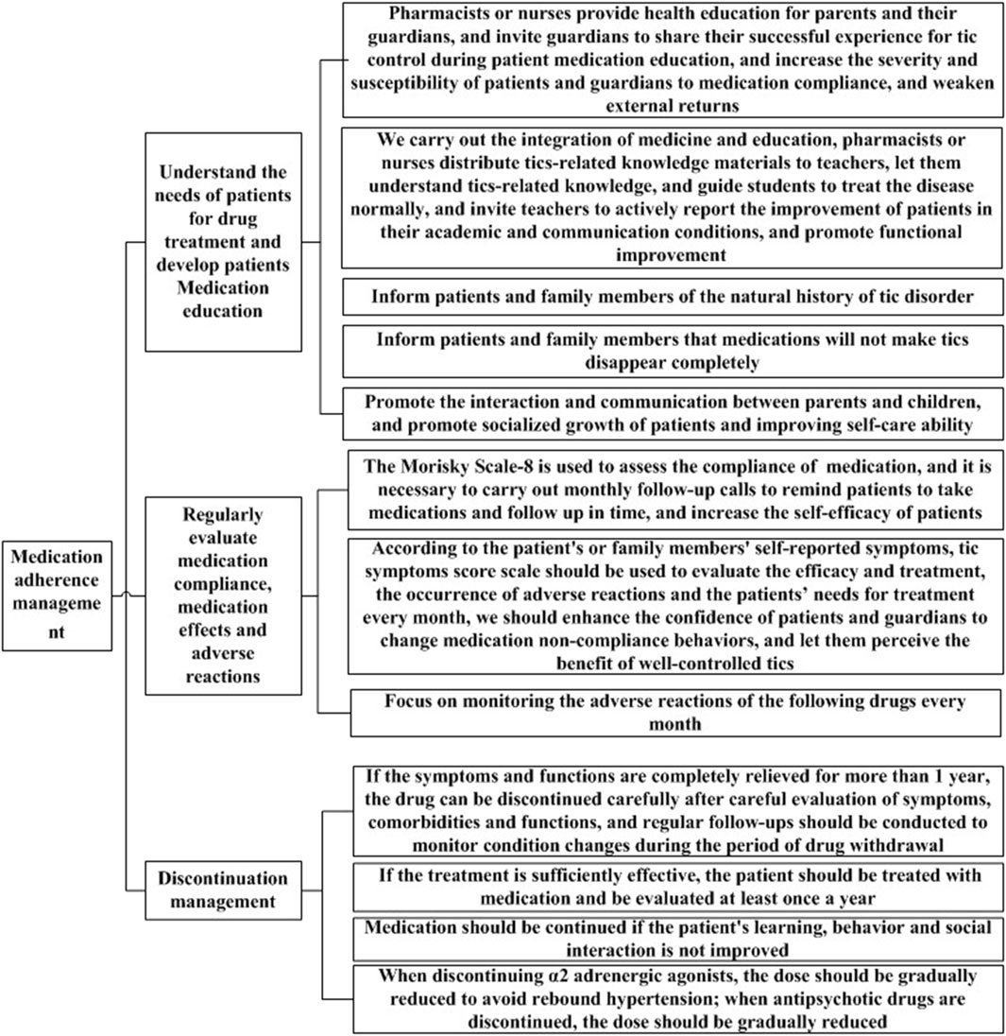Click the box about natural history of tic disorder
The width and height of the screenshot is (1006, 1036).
(671, 296)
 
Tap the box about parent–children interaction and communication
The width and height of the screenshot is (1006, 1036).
(671, 414)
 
